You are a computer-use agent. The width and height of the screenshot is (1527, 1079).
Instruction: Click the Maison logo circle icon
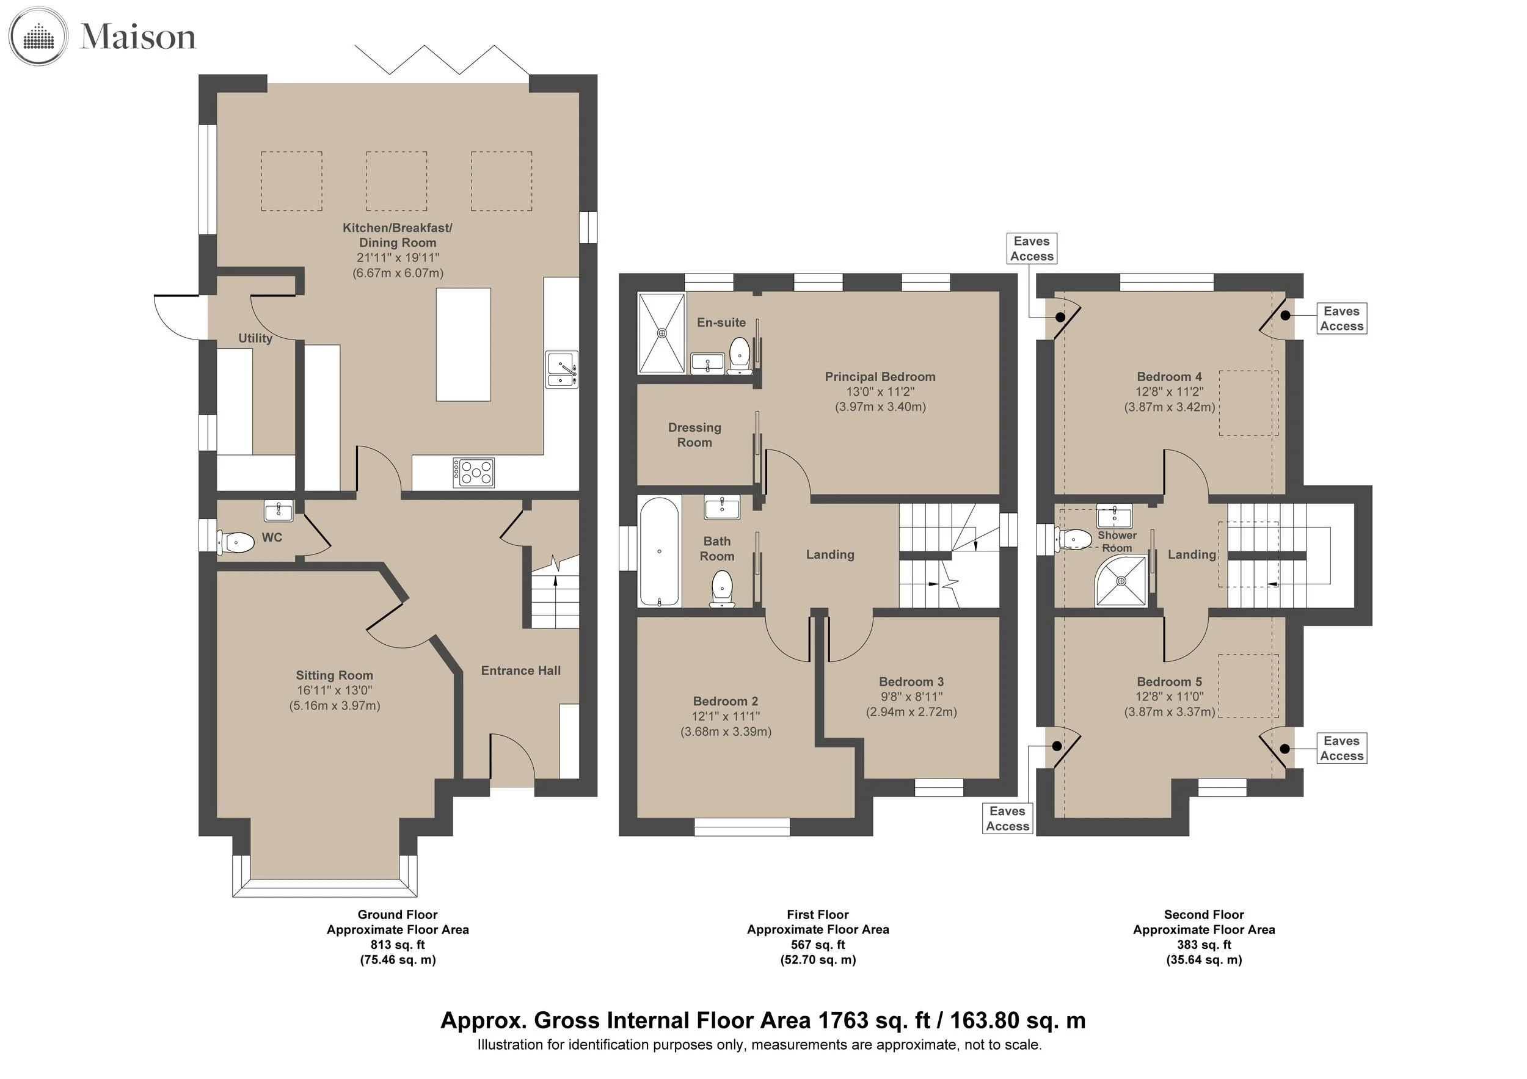click(x=38, y=36)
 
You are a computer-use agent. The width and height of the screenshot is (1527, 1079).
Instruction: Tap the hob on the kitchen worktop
click(x=473, y=473)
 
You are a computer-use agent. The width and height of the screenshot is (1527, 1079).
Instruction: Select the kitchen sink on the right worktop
click(x=562, y=369)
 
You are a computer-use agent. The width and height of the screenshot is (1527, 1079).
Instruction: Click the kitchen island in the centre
click(x=464, y=344)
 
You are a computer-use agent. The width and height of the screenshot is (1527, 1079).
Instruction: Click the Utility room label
click(x=255, y=338)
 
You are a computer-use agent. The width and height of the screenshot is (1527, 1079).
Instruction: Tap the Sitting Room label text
click(x=335, y=675)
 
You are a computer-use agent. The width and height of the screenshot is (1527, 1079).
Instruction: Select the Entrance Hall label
click(x=521, y=671)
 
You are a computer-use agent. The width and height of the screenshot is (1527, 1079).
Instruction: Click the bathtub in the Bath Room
click(x=659, y=552)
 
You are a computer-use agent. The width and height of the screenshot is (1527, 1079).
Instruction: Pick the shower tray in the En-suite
click(x=661, y=333)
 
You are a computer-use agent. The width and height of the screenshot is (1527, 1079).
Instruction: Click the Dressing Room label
click(x=694, y=435)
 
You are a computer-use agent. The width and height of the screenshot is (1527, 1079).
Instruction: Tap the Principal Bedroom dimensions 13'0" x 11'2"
click(x=880, y=391)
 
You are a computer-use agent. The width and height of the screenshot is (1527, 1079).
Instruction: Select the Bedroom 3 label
click(x=911, y=681)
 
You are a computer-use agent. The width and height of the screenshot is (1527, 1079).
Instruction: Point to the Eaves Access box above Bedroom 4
click(x=1032, y=249)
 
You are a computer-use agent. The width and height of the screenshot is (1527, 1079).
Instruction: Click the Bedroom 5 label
click(x=1169, y=681)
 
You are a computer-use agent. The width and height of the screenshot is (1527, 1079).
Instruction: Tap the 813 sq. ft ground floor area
click(x=398, y=945)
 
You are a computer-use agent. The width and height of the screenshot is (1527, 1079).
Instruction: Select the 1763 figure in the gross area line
click(x=844, y=1020)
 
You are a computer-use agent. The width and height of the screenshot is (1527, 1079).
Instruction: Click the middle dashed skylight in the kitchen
click(x=396, y=181)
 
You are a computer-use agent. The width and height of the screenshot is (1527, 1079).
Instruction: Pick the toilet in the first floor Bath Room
click(x=721, y=590)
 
